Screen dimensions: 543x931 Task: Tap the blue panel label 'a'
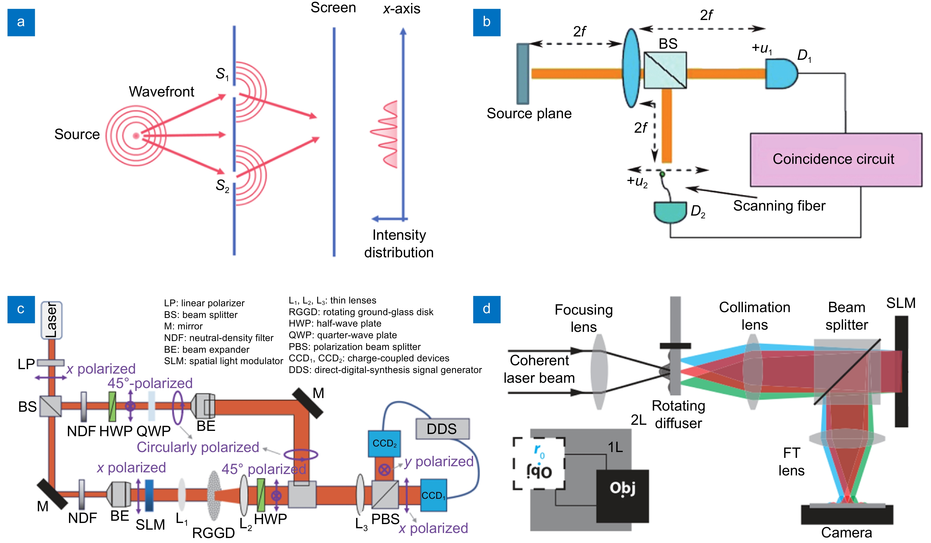tap(21, 22)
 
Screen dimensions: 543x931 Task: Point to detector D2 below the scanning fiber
tap(670, 212)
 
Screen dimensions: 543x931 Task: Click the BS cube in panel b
tap(665, 70)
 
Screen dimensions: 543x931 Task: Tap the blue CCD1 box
tap(433, 495)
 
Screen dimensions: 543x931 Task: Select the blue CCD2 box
tap(384, 443)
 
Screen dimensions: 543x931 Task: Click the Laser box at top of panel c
tap(51, 320)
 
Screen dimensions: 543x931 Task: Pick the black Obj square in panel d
tap(622, 496)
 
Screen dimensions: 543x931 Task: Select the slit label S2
tap(222, 186)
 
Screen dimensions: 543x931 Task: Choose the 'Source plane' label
tap(529, 113)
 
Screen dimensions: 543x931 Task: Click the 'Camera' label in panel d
tap(846, 532)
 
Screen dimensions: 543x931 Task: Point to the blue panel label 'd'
tap(487, 309)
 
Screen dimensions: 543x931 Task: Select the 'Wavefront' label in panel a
tap(161, 92)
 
